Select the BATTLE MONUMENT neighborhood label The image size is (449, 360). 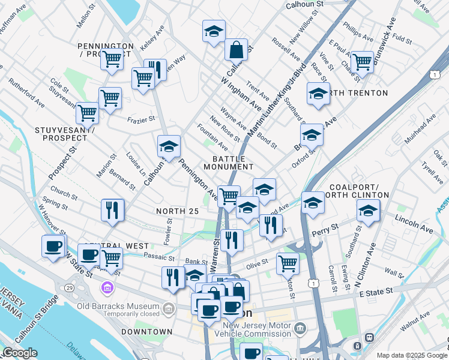228,162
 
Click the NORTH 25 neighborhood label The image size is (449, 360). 176,211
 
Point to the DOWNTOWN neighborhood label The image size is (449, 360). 146,331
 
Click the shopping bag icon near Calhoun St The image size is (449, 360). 237,49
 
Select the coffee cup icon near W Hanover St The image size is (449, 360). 53,246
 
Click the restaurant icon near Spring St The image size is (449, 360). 112,209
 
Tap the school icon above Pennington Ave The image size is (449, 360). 169,147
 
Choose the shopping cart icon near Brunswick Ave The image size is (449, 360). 362,61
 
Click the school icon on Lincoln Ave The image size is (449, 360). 368,211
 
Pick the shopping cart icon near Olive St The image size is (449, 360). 288,263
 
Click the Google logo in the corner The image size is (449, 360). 20,353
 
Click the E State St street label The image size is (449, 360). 375,291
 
